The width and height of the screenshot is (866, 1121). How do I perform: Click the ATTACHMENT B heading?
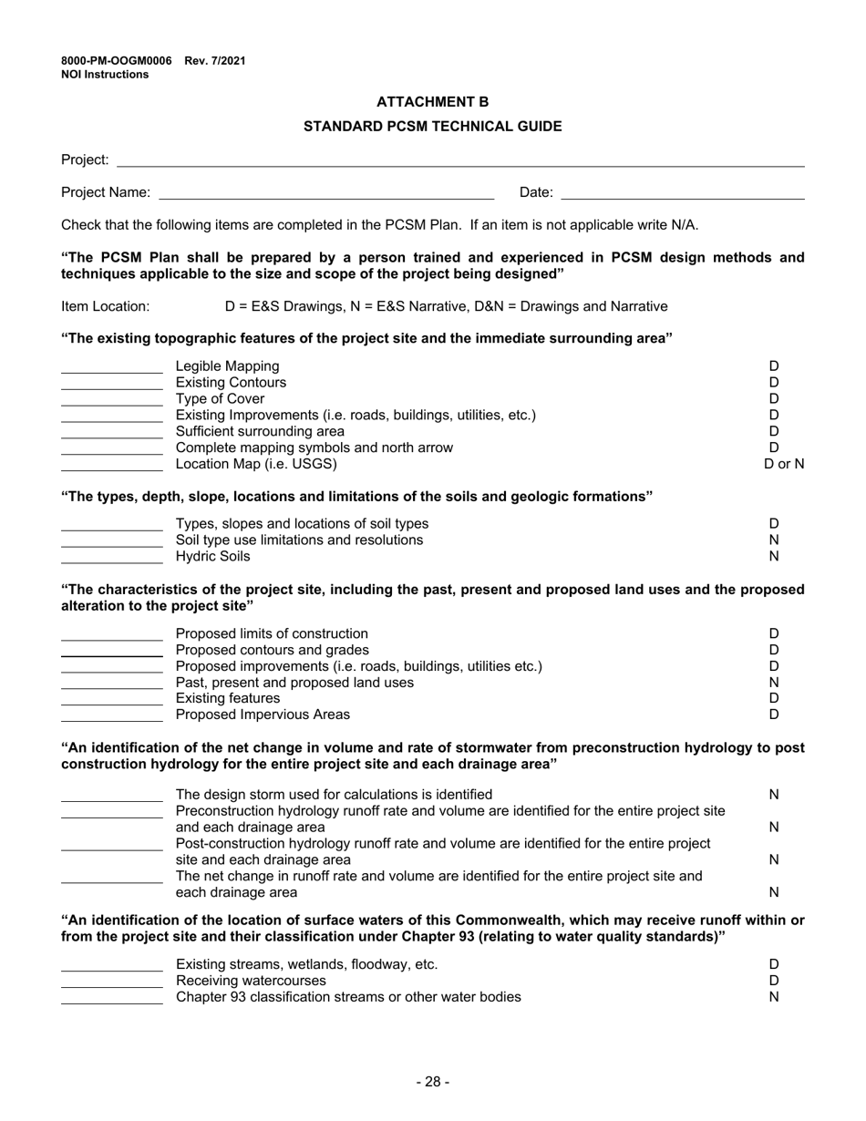(x=432, y=102)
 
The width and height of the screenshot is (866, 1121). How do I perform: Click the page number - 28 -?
(x=432, y=1082)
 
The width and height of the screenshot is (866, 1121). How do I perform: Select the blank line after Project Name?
(x=326, y=193)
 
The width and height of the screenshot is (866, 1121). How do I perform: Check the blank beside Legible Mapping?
(x=111, y=367)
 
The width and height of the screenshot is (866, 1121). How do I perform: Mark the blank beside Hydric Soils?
(x=111, y=557)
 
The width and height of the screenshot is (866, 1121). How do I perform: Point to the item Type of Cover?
(x=220, y=399)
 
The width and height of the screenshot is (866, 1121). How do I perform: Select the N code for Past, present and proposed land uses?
(x=774, y=683)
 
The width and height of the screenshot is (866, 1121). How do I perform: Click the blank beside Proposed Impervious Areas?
(x=111, y=715)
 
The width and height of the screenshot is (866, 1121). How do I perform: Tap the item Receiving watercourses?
(x=251, y=981)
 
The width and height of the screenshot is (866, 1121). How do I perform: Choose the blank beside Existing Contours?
(x=111, y=384)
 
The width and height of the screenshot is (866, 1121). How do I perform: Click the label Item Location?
(x=106, y=306)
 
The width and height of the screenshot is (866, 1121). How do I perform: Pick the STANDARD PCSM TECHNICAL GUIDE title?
(x=432, y=127)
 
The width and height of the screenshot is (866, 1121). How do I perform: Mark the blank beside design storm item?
(x=111, y=796)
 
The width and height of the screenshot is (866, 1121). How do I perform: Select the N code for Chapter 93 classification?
(x=774, y=997)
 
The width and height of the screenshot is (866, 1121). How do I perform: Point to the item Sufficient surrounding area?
(x=260, y=431)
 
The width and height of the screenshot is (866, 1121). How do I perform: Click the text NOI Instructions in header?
(x=105, y=75)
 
